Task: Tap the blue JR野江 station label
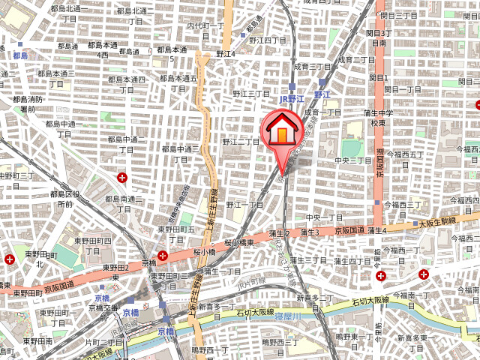pos(291,98)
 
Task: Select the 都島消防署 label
pos(28,104)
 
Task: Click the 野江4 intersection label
pos(225,54)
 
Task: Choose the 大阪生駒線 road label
pos(437,222)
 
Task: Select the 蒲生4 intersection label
pos(376,232)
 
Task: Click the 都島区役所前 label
pos(66,198)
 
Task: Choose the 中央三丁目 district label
pos(353,160)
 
